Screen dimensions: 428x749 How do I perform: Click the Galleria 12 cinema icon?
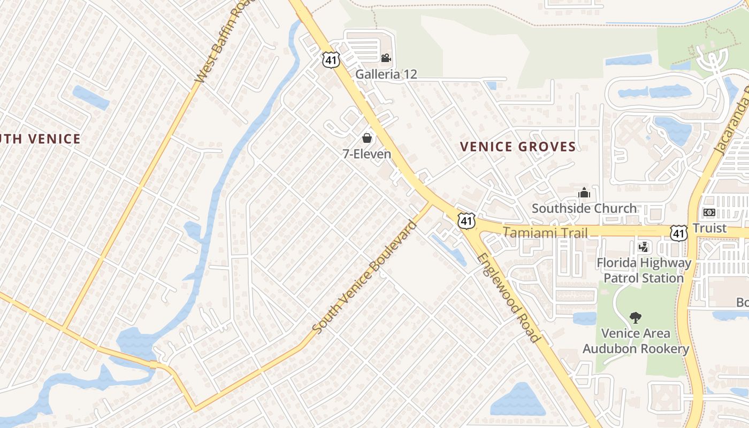[386, 58]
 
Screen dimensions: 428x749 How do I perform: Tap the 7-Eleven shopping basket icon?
[367, 138]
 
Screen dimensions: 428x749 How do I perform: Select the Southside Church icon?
[584, 192]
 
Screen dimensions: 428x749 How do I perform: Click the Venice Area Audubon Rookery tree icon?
[636, 318]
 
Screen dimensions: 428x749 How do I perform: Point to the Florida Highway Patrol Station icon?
[644, 247]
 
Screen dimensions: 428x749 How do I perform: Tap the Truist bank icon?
[709, 212]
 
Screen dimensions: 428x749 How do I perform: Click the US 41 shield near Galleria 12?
[331, 59]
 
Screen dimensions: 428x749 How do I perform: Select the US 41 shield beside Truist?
[679, 233]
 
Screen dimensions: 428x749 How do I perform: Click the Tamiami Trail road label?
[545, 232]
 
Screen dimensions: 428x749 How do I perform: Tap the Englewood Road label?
[508, 297]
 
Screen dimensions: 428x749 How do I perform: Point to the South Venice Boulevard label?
[364, 277]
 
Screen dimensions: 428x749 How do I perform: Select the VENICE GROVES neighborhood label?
[518, 147]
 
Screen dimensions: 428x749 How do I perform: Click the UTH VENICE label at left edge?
[40, 139]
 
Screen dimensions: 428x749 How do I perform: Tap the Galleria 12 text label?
[386, 74]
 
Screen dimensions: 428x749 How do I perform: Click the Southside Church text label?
[584, 208]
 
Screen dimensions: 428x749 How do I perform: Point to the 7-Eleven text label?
[367, 154]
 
